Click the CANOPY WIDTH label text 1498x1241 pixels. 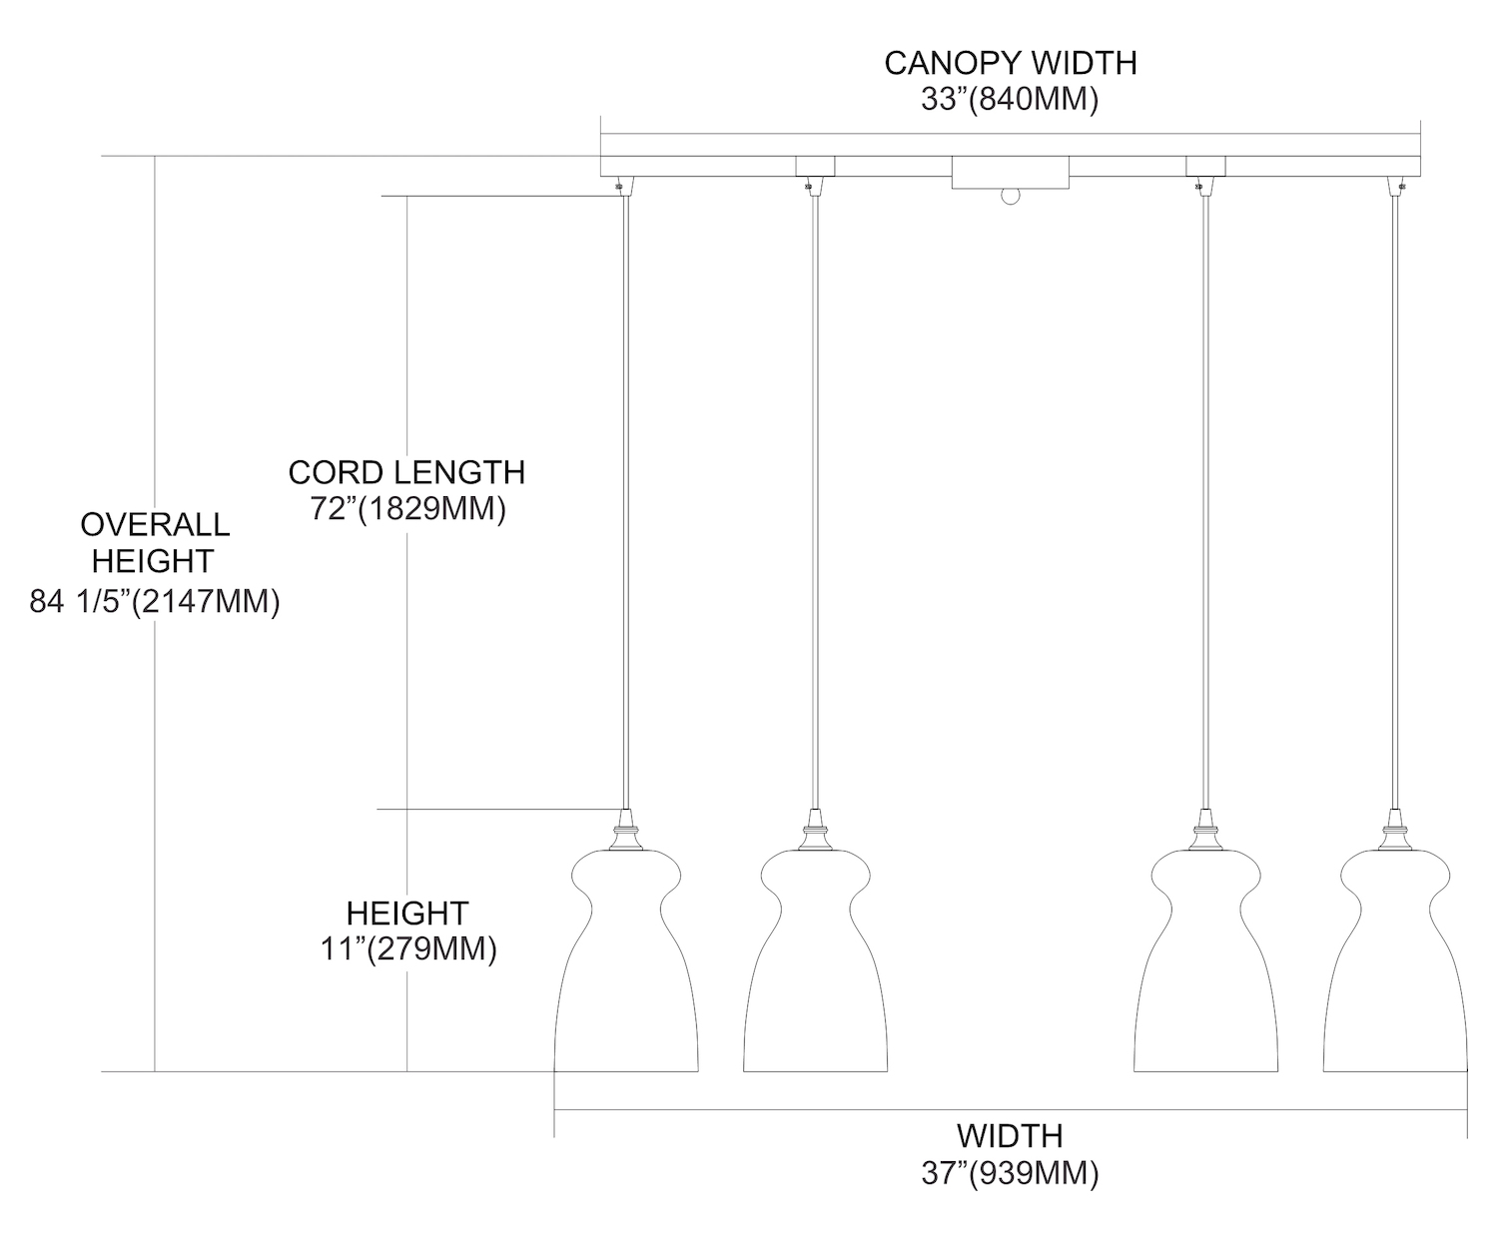click(1010, 63)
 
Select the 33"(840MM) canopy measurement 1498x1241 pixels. click(1010, 100)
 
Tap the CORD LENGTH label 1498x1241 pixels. click(406, 471)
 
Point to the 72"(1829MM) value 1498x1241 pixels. click(406, 508)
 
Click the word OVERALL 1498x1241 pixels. click(155, 524)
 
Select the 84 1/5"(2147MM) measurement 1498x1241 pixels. click(155, 602)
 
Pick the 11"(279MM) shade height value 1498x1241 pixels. click(407, 948)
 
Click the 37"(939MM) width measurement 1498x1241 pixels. click(1010, 1173)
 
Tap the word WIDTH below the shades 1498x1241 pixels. click(1010, 1135)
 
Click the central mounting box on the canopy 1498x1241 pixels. click(1010, 172)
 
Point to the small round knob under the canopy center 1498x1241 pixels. click(1011, 197)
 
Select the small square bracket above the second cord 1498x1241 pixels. click(815, 166)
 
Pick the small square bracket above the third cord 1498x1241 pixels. click(1204, 166)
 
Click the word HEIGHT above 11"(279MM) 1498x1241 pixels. click(407, 913)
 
